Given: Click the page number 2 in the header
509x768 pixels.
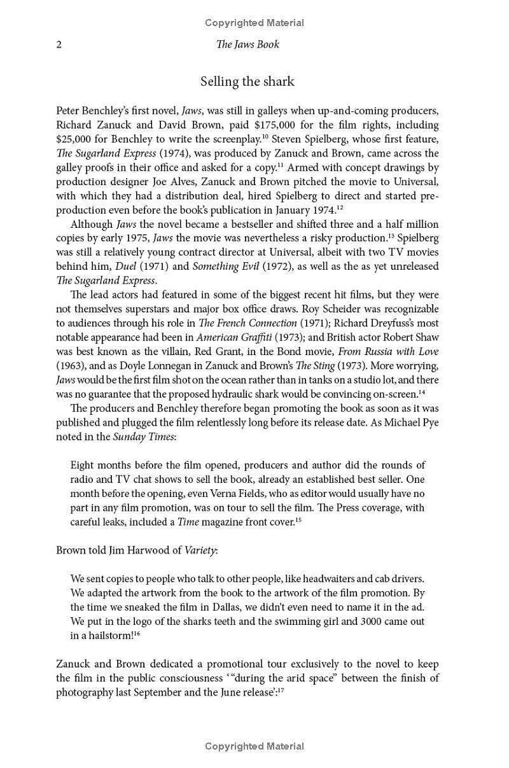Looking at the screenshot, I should pyautogui.click(x=59, y=45).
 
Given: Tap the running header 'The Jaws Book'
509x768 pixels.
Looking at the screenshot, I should pyautogui.click(x=248, y=45).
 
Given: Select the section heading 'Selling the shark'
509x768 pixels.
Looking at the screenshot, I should pyautogui.click(x=248, y=81).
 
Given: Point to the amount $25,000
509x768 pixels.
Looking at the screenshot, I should pyautogui.click(x=77, y=139).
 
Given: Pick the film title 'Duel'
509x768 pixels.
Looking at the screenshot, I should pyautogui.click(x=125, y=266).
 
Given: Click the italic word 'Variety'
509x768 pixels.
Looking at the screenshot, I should pyautogui.click(x=199, y=550).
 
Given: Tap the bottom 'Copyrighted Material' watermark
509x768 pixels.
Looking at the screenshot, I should pyautogui.click(x=254, y=746).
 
